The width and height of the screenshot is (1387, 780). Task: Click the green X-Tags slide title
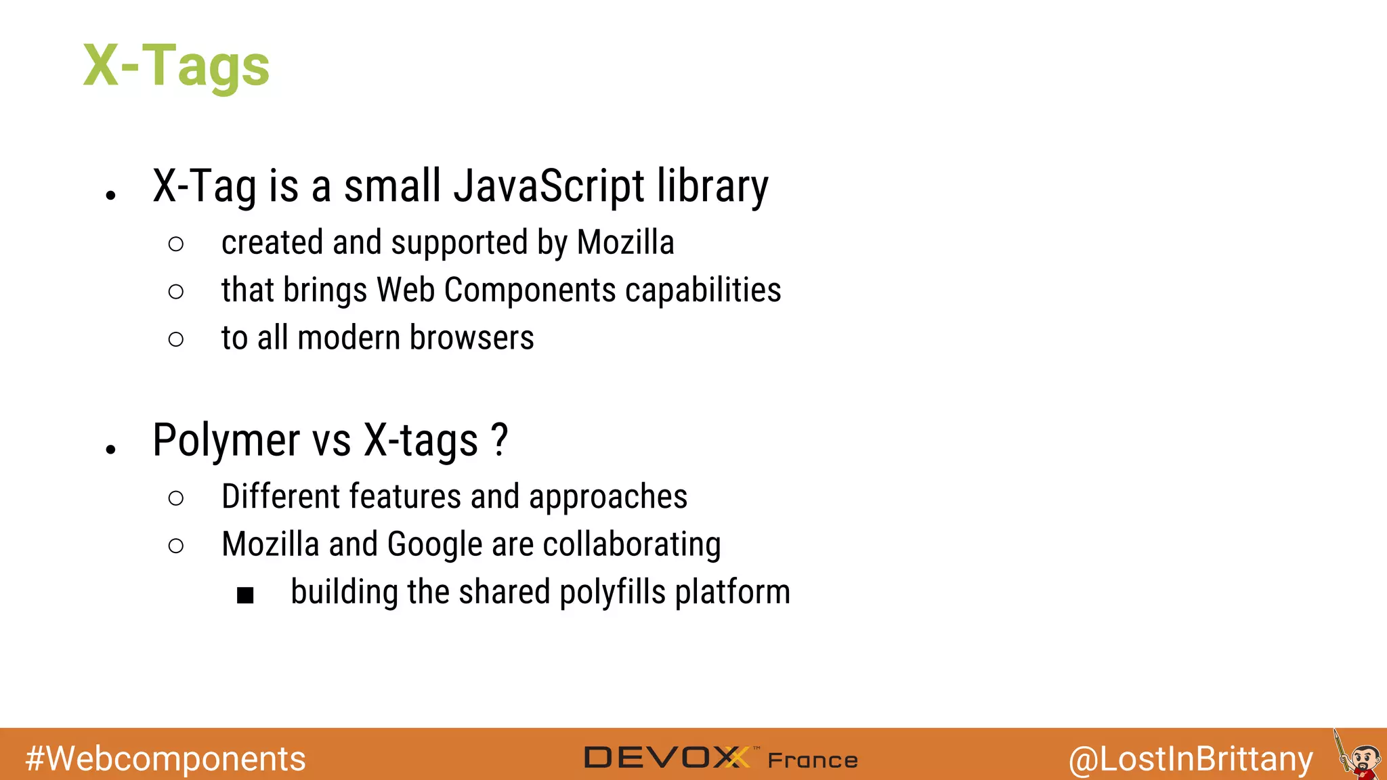176,66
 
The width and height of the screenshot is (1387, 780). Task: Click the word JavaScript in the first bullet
549,186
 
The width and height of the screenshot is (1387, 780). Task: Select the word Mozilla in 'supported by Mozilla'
625,242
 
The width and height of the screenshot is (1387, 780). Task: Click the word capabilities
703,290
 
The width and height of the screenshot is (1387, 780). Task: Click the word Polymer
226,441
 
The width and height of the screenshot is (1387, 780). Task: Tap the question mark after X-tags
499,441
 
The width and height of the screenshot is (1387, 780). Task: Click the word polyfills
612,592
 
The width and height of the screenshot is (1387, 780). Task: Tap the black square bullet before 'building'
245,595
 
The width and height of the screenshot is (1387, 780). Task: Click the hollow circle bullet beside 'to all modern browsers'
175,339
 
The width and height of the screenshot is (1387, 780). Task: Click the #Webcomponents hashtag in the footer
165,758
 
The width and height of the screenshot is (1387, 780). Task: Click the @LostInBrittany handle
1191,758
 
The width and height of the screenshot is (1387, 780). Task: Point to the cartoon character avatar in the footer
1358,757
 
